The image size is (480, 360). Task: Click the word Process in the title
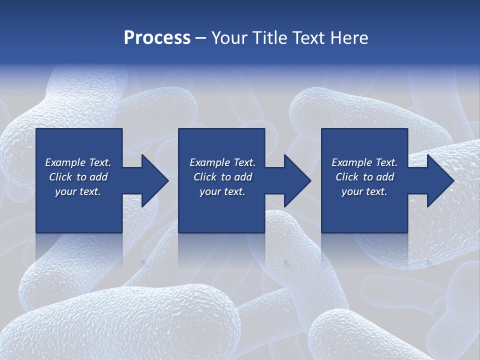(157, 38)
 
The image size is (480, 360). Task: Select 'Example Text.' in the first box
(78, 162)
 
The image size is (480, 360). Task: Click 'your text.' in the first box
(78, 191)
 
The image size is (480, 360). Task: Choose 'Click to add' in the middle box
(222, 177)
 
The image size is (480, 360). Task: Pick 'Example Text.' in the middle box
(222, 162)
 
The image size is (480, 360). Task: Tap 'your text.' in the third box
(364, 191)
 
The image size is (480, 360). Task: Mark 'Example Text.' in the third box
(364, 162)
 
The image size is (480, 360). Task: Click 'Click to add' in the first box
(78, 177)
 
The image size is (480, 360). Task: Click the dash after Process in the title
(201, 38)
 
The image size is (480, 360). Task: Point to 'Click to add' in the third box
(364, 177)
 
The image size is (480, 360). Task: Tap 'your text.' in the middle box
(222, 191)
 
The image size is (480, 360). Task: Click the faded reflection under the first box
(79, 247)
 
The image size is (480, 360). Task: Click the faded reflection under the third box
(364, 247)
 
